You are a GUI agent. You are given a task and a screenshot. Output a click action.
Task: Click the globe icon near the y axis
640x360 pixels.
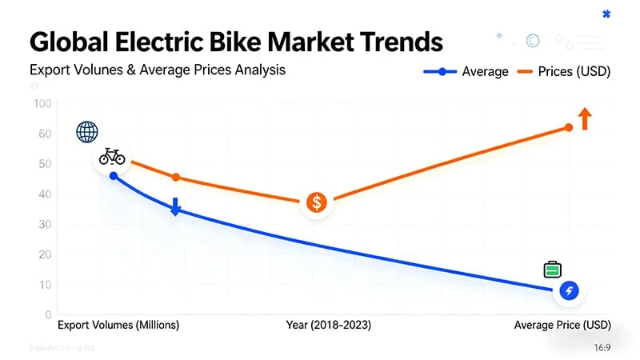click(x=86, y=132)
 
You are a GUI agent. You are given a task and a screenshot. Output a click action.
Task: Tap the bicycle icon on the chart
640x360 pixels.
click(x=112, y=156)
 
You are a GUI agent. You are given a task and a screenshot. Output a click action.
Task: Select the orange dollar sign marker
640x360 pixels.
click(x=318, y=203)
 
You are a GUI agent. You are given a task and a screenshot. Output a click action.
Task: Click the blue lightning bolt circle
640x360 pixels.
click(x=569, y=291)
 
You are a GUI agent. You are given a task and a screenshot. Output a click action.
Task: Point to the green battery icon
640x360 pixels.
click(x=552, y=270)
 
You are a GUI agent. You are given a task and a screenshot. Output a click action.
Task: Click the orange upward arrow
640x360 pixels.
click(x=585, y=118)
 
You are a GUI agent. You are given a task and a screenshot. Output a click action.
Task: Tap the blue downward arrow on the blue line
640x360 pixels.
click(x=176, y=206)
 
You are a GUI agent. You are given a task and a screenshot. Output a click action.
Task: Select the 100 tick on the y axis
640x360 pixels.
click(x=42, y=104)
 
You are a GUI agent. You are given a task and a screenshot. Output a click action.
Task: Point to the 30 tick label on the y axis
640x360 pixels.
click(x=45, y=225)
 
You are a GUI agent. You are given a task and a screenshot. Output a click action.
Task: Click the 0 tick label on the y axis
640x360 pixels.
click(x=48, y=314)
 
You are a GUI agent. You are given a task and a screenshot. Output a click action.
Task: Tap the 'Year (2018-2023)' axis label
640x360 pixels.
click(x=328, y=326)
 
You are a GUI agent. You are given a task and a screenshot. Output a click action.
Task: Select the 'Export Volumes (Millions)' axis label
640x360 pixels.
click(x=118, y=326)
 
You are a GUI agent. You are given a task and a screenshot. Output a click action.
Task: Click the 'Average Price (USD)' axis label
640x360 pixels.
click(x=562, y=326)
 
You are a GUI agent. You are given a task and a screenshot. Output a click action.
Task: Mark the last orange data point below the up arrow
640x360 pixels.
click(x=569, y=127)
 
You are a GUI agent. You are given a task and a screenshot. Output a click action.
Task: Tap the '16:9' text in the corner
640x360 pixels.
click(x=603, y=348)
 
